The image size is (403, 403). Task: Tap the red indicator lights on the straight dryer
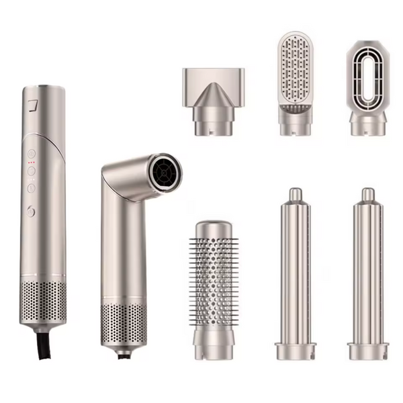tap(32, 163)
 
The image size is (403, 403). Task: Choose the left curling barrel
tap(296, 269)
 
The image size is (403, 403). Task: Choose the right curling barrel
tap(367, 269)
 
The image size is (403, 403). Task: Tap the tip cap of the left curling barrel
tap(296, 194)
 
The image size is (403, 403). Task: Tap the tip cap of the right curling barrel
tap(367, 194)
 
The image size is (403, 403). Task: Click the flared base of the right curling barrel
tap(367, 351)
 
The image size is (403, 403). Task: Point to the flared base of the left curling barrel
tap(296, 351)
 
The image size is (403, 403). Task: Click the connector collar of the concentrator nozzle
tap(214, 122)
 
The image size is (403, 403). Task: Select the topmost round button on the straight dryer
tap(32, 152)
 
